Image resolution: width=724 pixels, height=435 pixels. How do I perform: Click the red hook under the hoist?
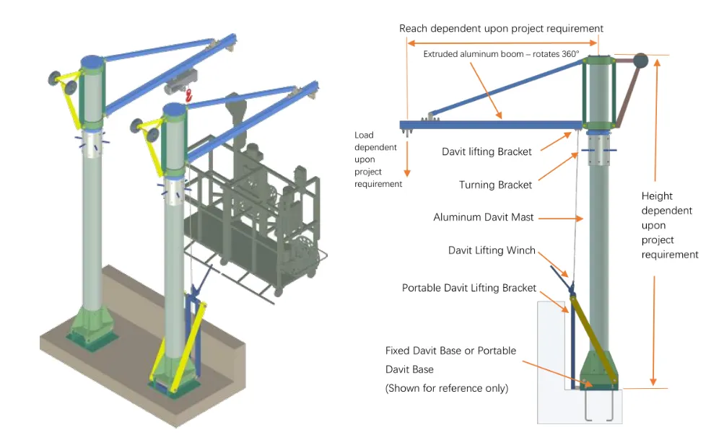click(189, 95)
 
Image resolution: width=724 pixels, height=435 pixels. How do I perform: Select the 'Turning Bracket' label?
click(495, 185)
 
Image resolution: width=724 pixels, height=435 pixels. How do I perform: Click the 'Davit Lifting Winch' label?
click(492, 250)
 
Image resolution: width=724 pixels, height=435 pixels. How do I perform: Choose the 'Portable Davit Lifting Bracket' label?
click(468, 288)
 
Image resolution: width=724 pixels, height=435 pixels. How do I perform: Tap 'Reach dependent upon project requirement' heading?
click(501, 28)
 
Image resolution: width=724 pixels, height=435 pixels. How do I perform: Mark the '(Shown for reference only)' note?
click(446, 388)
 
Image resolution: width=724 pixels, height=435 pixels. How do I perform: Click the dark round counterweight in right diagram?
click(640, 61)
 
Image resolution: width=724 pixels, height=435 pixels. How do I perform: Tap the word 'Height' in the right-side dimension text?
click(656, 195)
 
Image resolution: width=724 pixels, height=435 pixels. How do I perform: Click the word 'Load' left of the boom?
click(364, 135)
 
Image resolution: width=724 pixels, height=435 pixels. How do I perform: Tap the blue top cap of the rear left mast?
click(92, 62)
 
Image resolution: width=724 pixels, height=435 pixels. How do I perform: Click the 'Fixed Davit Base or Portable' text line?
click(450, 351)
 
